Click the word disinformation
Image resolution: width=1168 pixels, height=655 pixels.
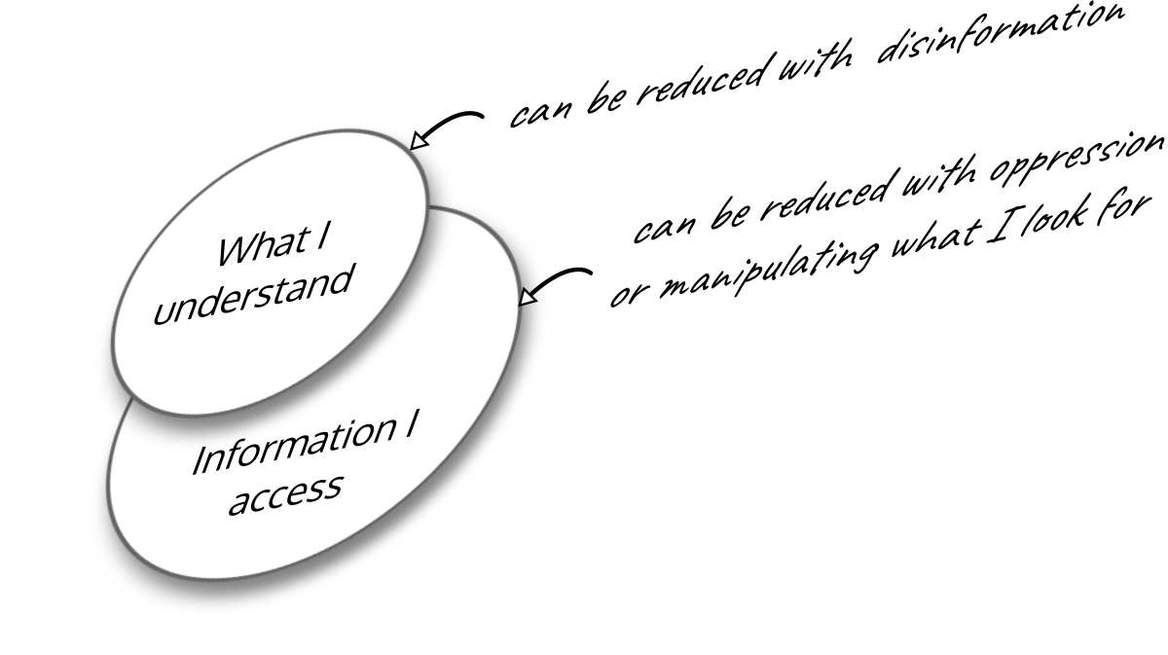click(1001, 35)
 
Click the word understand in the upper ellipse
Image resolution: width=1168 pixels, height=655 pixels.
click(253, 294)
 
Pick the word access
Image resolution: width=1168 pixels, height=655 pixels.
click(286, 493)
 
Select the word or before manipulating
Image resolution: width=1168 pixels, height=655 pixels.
click(630, 294)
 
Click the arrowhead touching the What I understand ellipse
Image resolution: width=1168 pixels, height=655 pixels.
click(419, 140)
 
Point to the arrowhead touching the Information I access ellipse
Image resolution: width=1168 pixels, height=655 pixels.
click(528, 296)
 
